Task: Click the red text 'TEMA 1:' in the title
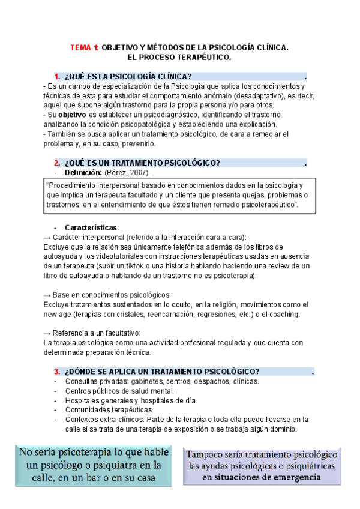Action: pyautogui.click(x=85, y=47)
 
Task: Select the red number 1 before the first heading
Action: pyautogui.click(x=56, y=77)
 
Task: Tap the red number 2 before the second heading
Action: pyautogui.click(x=56, y=163)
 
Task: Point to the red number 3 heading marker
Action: pyautogui.click(x=56, y=372)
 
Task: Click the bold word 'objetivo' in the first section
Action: pyautogui.click(x=72, y=114)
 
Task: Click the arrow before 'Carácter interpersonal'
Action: pyautogui.click(x=47, y=237)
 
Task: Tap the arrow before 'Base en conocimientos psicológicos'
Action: pyautogui.click(x=47, y=295)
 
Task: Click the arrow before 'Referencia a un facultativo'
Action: pyautogui.click(x=47, y=333)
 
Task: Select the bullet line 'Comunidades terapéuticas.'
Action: pyautogui.click(x=103, y=410)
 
